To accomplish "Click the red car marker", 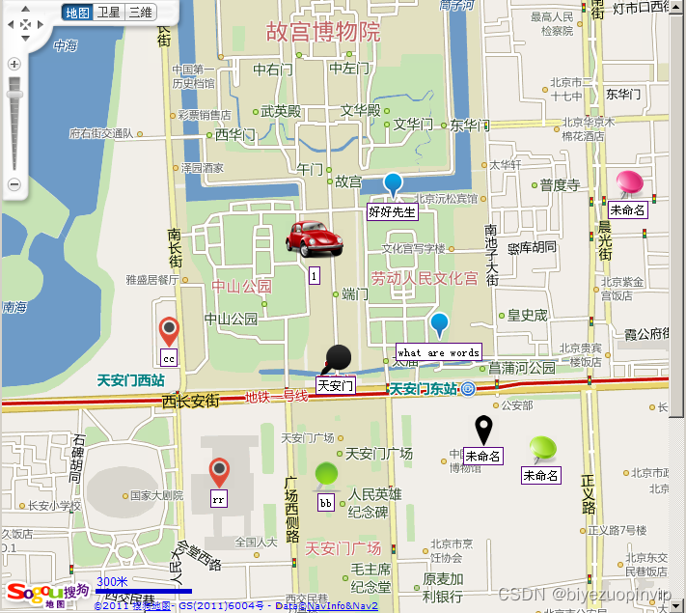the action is tap(314, 237).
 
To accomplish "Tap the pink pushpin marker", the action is tap(630, 183).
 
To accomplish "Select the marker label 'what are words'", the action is tap(438, 352).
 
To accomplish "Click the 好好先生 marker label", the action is tap(393, 210).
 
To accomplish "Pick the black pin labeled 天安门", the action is tap(337, 360).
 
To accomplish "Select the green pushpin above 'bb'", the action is tap(327, 475).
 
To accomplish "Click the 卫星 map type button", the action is tap(109, 13).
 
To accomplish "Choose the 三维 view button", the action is tap(140, 13).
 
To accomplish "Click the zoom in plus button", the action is tap(14, 64).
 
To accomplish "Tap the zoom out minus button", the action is tap(14, 183).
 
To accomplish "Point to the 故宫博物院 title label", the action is tap(323, 31).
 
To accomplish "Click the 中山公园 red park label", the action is tap(242, 287).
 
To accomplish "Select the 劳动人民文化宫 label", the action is tap(425, 278).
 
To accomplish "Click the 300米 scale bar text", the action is tap(112, 581).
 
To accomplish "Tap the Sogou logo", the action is tap(47, 592).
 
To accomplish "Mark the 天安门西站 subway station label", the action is tap(131, 380).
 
